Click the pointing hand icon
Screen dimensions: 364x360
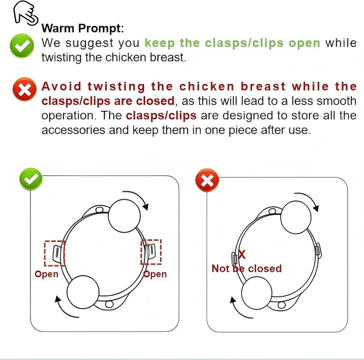(25, 13)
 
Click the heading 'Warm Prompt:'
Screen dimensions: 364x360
(83, 28)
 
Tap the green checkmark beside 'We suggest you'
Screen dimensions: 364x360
(22, 46)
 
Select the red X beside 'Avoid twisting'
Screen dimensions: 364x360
(25, 89)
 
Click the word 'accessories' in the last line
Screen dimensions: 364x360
(73, 130)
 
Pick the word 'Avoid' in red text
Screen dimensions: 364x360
(61, 86)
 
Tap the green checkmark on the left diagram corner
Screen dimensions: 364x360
(31, 179)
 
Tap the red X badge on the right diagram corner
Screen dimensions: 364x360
(207, 180)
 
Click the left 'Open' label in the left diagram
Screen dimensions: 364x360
(46, 275)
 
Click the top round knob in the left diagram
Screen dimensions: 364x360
(124, 216)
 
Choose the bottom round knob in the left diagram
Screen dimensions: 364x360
(83, 292)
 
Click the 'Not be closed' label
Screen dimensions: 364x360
(247, 269)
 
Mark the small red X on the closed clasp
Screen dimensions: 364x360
(242, 255)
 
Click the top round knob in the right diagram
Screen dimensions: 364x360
(296, 217)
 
